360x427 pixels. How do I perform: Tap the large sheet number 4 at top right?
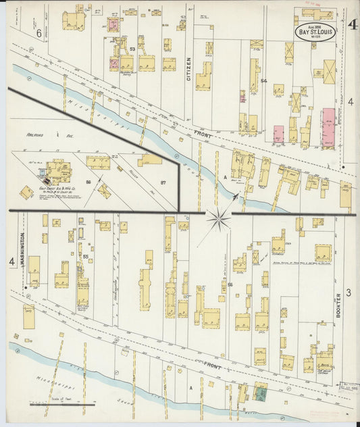click(x=353, y=26)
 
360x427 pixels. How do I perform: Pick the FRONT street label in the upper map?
click(x=201, y=135)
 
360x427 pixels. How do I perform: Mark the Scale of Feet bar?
click(x=62, y=405)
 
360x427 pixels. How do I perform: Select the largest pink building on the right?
click(x=328, y=127)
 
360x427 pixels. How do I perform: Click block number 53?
click(x=132, y=49)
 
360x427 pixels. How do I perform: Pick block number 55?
click(x=86, y=257)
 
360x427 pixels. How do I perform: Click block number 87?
click(x=163, y=183)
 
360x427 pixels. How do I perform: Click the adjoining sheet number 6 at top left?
click(x=38, y=32)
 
